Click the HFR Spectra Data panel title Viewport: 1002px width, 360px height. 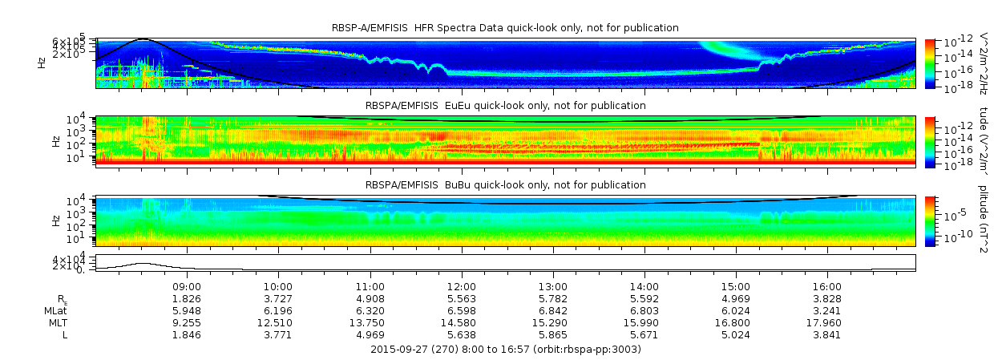tap(505, 28)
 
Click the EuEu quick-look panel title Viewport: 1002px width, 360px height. tap(505, 105)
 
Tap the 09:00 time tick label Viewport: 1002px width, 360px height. tap(187, 285)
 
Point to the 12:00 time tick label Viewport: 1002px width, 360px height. tap(461, 285)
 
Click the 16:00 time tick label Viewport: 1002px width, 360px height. tap(827, 285)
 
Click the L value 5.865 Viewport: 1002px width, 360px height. tap(552, 334)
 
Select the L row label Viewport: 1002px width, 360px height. tap(65, 334)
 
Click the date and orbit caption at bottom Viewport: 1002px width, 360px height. tap(505, 350)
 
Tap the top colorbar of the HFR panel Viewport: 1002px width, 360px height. tap(930, 63)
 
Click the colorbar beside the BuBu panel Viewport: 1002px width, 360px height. tap(930, 220)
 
